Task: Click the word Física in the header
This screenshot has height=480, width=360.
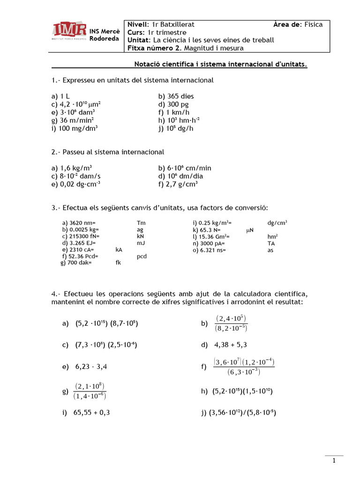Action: [x=314, y=24]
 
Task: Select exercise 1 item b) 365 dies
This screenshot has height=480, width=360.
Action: [x=176, y=96]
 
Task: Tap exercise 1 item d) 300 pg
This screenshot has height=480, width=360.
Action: [x=173, y=104]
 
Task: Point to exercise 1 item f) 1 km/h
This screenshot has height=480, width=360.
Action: [x=174, y=112]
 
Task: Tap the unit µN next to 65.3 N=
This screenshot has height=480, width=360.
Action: [x=250, y=230]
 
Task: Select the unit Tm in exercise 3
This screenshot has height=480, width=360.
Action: [x=141, y=223]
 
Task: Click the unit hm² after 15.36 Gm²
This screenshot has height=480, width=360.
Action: [x=272, y=237]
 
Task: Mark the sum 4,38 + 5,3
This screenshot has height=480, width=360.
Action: [x=231, y=345]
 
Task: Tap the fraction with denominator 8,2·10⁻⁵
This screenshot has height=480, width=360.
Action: [x=231, y=323]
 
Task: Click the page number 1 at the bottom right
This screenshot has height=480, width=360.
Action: [x=334, y=461]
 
